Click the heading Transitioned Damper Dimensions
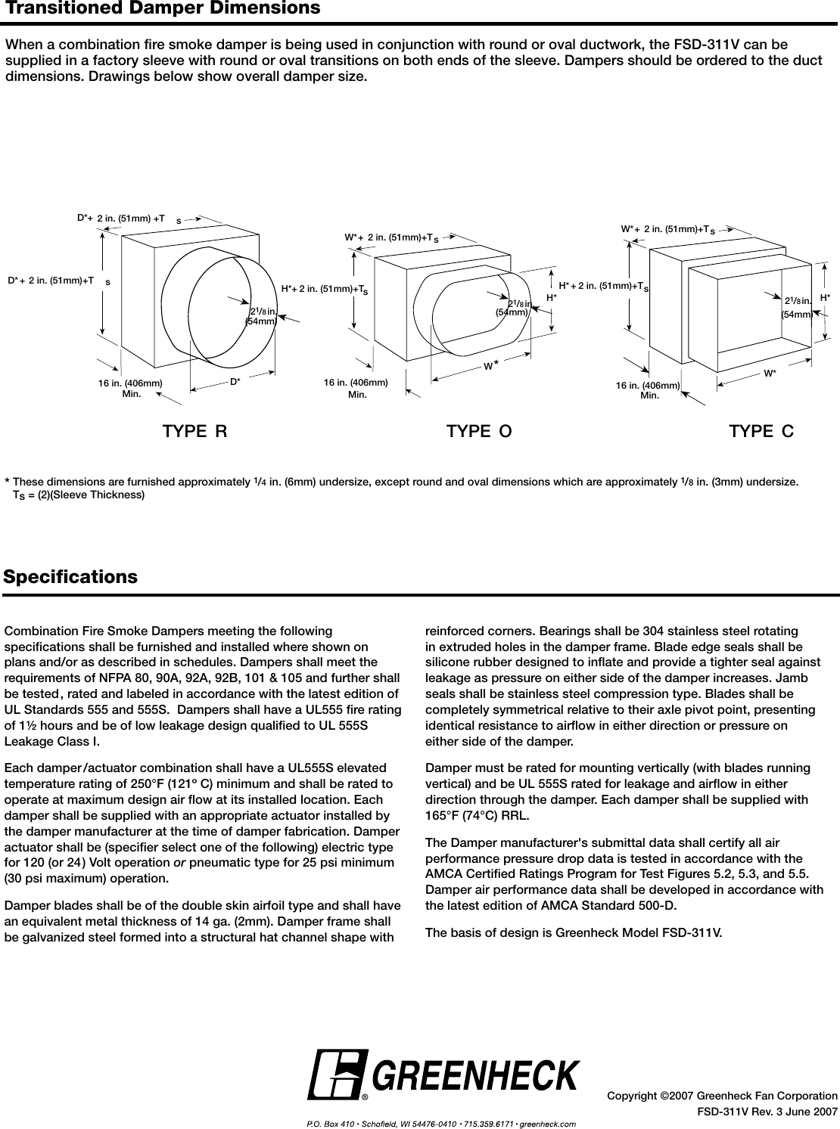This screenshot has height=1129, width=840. click(x=162, y=9)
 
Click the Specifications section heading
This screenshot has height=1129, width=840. click(x=71, y=578)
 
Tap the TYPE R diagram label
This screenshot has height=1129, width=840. click(x=194, y=432)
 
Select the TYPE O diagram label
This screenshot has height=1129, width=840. click(x=479, y=432)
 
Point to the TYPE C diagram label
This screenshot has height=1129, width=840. click(x=761, y=432)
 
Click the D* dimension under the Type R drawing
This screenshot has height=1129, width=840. click(x=235, y=382)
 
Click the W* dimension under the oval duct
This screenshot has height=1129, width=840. click(x=491, y=366)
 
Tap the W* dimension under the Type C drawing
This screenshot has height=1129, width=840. click(x=770, y=374)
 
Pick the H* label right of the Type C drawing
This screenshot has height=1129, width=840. click(x=825, y=298)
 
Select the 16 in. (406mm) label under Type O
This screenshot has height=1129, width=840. click(x=356, y=383)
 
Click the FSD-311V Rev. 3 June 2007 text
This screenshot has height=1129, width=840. click(x=767, y=1112)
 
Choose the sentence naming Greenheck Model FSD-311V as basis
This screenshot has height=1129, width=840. click(x=574, y=932)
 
